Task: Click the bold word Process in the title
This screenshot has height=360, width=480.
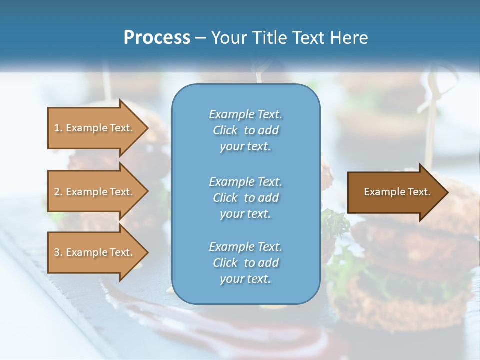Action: (x=157, y=38)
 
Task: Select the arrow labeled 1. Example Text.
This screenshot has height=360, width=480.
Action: (x=95, y=128)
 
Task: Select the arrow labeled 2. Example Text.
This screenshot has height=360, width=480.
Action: (x=95, y=192)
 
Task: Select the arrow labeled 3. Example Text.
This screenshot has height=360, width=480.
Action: (x=95, y=252)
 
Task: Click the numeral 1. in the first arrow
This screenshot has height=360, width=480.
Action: (x=58, y=128)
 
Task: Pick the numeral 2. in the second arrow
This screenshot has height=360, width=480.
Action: (x=58, y=192)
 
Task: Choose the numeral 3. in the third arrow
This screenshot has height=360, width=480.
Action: (x=58, y=253)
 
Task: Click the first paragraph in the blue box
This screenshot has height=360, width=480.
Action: (x=245, y=130)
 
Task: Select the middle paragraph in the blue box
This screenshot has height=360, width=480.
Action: (x=245, y=198)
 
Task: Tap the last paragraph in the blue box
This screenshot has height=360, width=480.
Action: (x=245, y=263)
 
